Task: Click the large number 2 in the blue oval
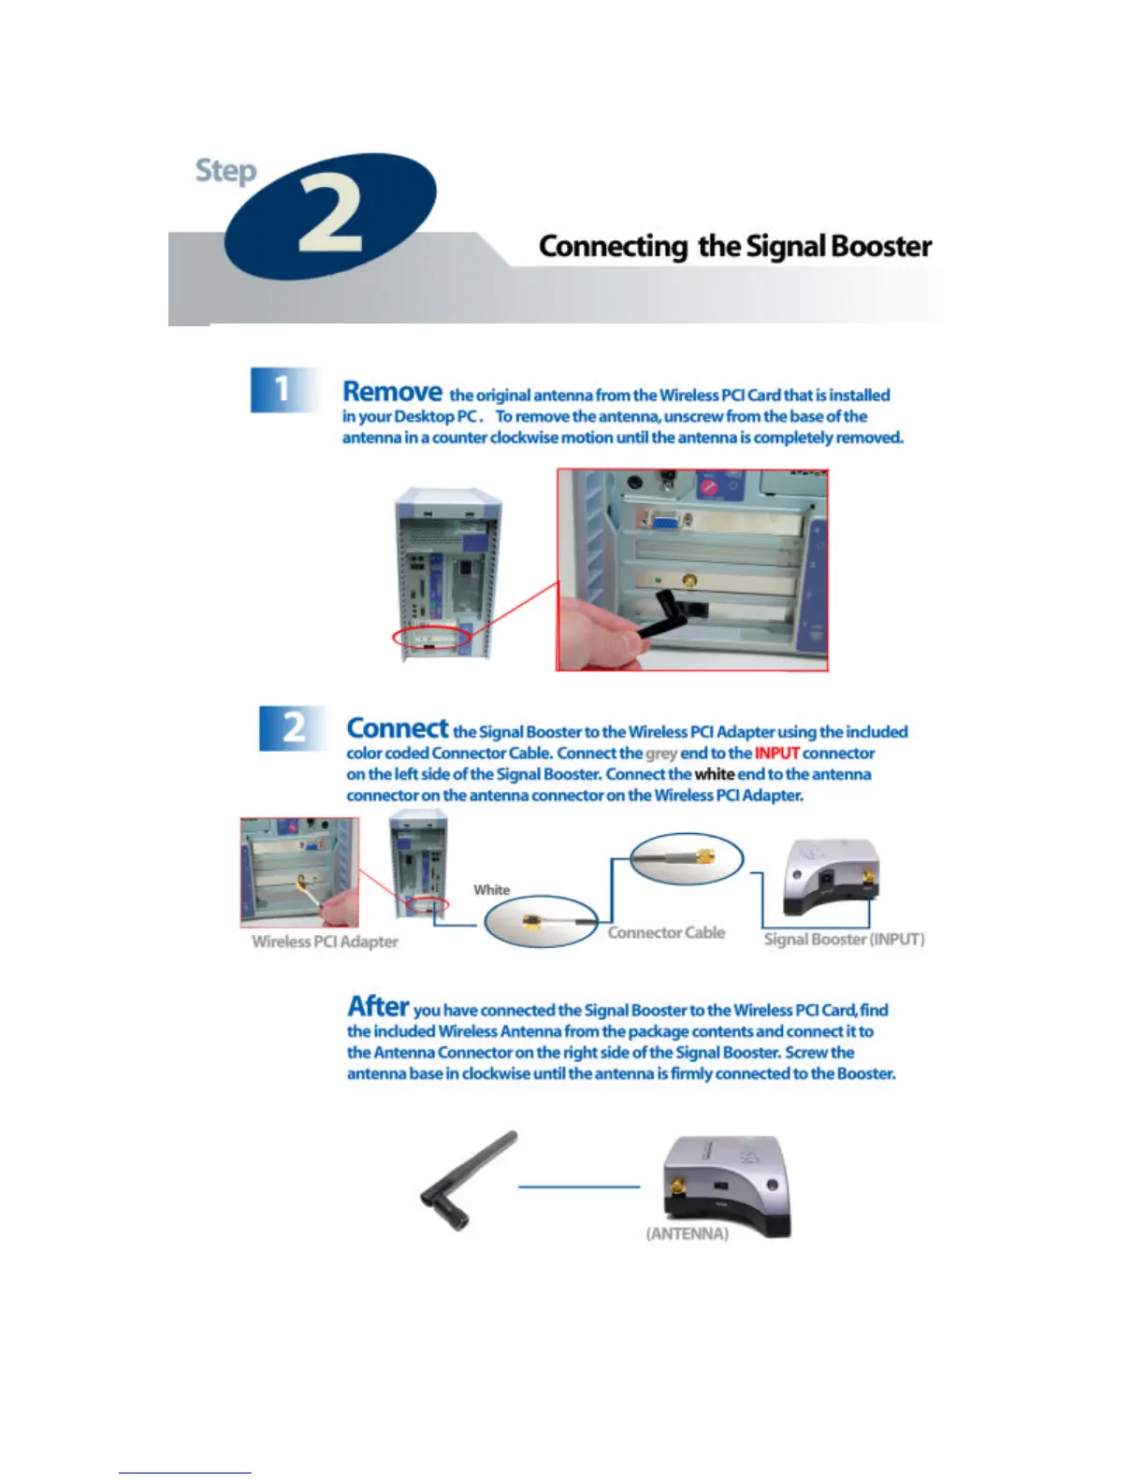click(329, 216)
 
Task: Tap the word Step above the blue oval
click(225, 171)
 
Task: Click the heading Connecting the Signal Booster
click(735, 246)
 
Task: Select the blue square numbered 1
click(282, 389)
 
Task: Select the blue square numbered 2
click(293, 727)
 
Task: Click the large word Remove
click(392, 392)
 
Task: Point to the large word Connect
click(398, 728)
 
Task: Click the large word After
click(378, 1007)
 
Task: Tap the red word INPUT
click(776, 754)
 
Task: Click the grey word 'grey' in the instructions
click(661, 754)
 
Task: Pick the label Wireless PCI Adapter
click(325, 942)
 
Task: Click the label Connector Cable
click(666, 932)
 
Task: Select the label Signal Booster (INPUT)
click(844, 939)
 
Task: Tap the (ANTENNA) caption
click(687, 1234)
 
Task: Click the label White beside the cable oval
click(491, 890)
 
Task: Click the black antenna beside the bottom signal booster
click(468, 1180)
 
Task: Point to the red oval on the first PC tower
click(432, 639)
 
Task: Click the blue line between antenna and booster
click(579, 1187)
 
